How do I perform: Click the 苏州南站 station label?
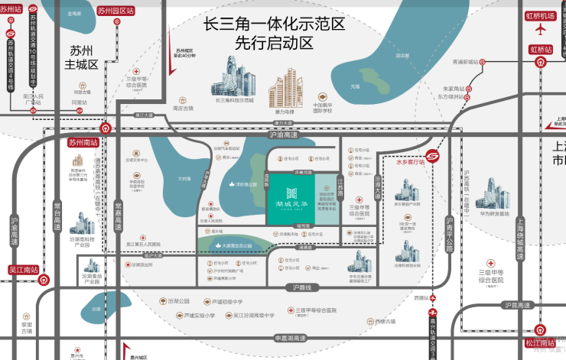pyautogui.click(x=83, y=142)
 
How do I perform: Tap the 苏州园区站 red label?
pyautogui.click(x=115, y=11)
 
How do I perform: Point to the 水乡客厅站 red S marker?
pyautogui.click(x=434, y=157)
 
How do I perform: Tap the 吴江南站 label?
pyautogui.click(x=22, y=269)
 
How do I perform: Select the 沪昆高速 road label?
pyautogui.click(x=517, y=305)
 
